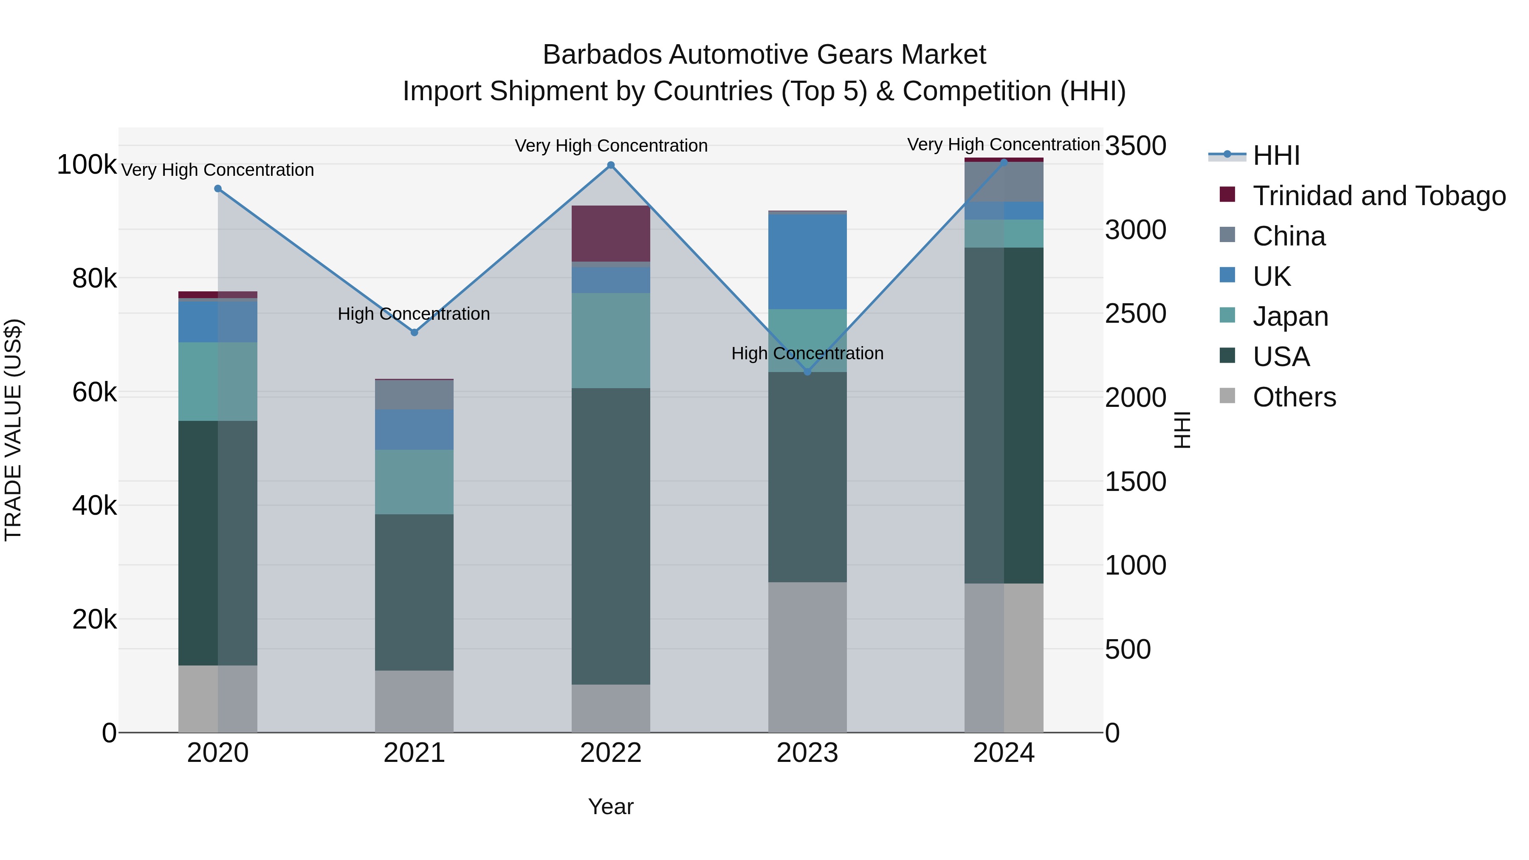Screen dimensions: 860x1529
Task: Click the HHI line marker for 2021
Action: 414,333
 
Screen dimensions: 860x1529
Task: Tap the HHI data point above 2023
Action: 807,372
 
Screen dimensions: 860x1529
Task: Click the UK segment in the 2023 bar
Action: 807,261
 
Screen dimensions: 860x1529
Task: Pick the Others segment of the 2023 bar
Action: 807,657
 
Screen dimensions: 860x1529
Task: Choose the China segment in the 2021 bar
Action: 414,395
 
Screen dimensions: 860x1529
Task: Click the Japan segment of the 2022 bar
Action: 611,341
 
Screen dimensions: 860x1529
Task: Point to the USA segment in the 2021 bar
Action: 414,592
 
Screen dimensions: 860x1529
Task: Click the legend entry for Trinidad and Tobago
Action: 1379,196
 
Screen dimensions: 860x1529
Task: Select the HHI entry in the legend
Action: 1276,155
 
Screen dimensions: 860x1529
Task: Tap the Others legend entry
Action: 1294,397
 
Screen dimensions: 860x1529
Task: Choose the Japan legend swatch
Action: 1227,316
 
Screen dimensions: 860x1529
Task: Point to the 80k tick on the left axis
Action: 94,278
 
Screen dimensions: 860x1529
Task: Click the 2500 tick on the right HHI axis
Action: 1135,314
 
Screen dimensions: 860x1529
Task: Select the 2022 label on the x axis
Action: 611,753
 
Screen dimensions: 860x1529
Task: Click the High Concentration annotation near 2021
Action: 414,313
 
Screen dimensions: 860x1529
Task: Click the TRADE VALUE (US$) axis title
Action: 13,430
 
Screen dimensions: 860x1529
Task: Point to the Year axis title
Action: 611,806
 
